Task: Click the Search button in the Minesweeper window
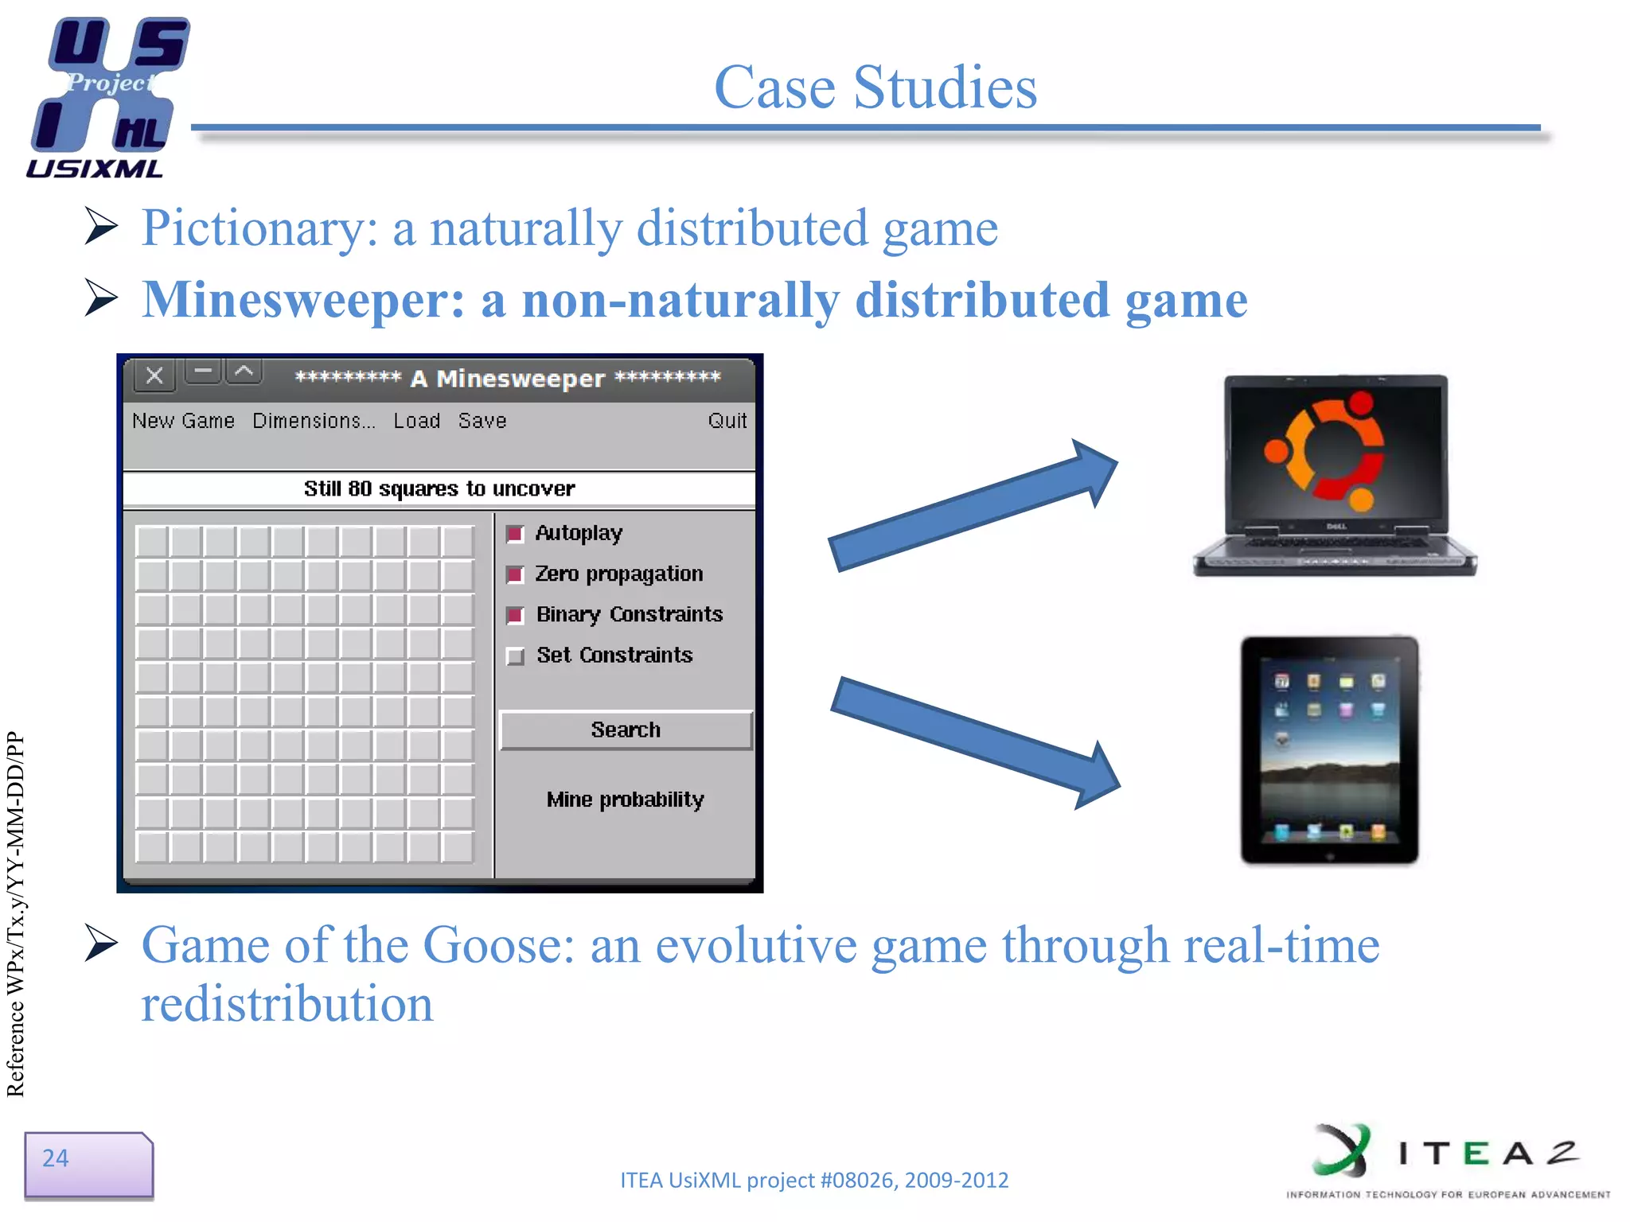(x=626, y=730)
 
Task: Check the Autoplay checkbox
(x=515, y=534)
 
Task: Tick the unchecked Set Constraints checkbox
(x=516, y=656)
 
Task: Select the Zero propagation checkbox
(x=515, y=574)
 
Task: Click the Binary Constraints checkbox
(x=515, y=615)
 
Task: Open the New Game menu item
(x=183, y=421)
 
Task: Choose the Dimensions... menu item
(x=313, y=421)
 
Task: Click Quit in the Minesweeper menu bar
(x=727, y=421)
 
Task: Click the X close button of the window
(x=155, y=376)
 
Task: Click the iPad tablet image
(x=1329, y=749)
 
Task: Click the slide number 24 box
(x=88, y=1164)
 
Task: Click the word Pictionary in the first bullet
(x=259, y=228)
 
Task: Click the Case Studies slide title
(x=875, y=87)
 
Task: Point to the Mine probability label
(x=626, y=800)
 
